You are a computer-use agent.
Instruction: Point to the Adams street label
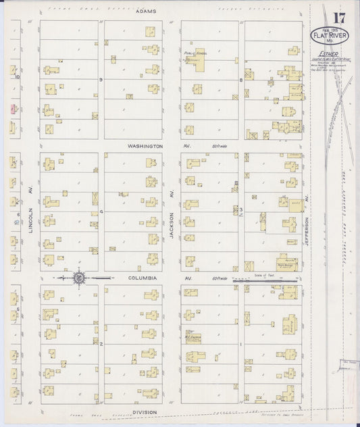pos(145,12)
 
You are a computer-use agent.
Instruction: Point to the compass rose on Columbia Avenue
pos(79,277)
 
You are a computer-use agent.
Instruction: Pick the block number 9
pos(101,80)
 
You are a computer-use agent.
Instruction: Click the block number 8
pos(241,80)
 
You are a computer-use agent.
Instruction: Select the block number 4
pos(101,211)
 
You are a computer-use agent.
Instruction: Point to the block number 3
pos(241,211)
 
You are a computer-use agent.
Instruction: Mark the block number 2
pos(101,344)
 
